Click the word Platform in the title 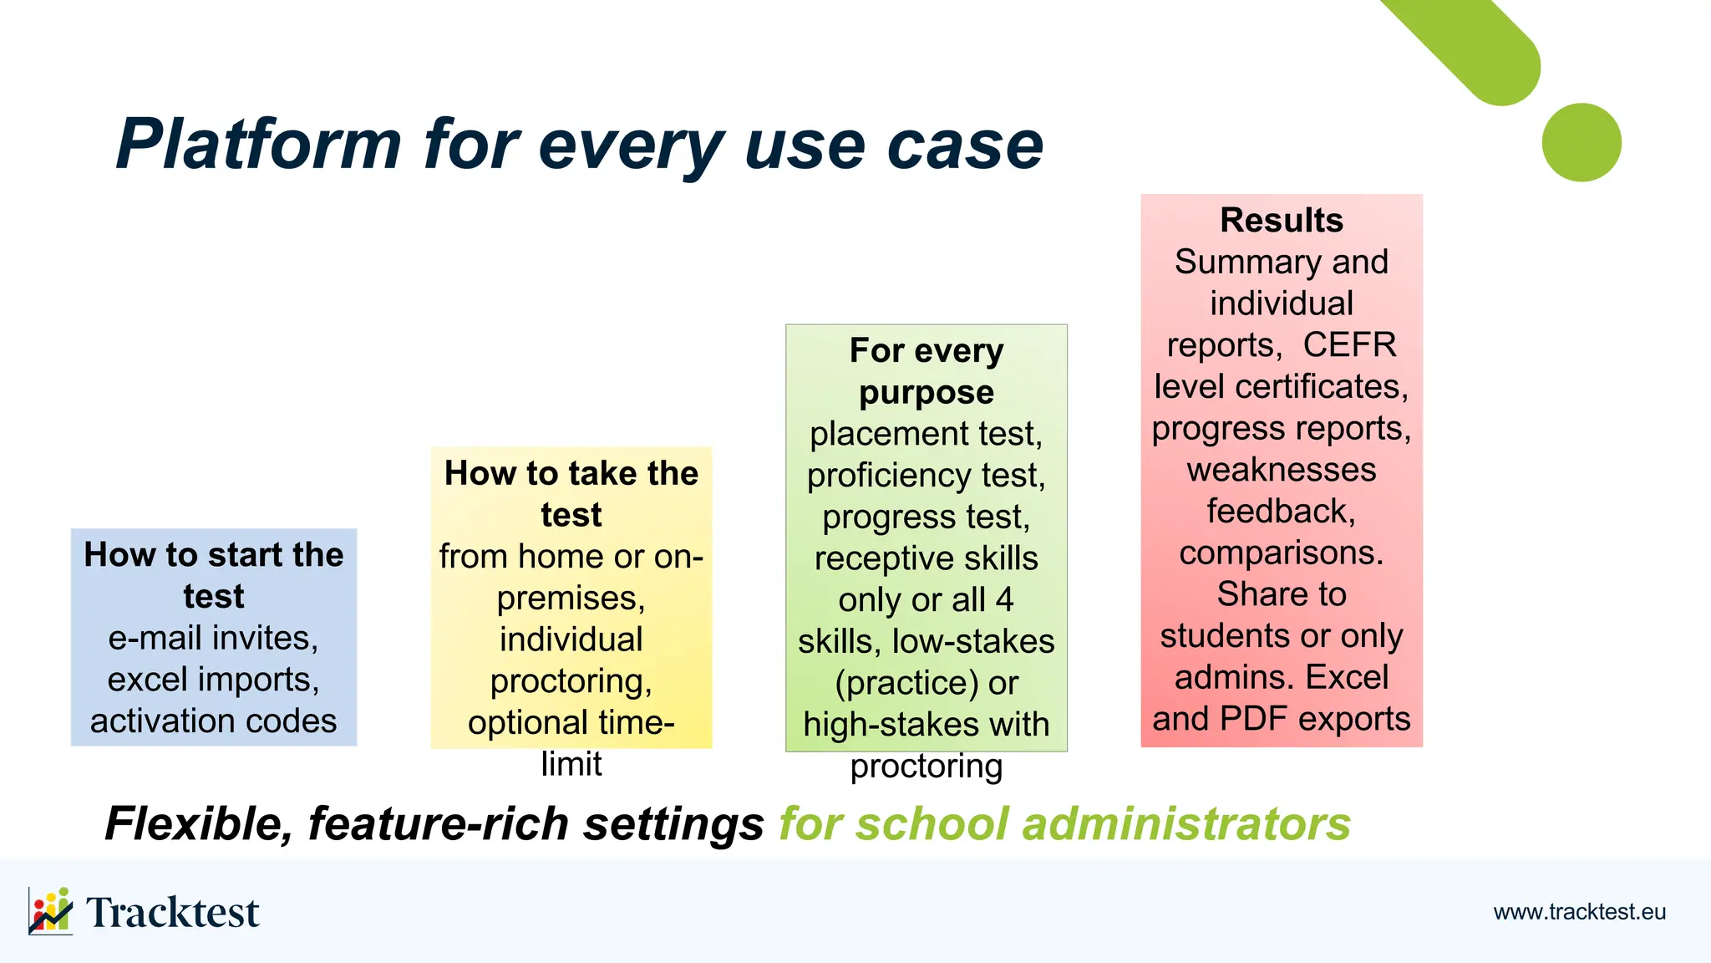[x=259, y=145]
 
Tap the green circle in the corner [x=1581, y=142]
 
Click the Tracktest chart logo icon [x=50, y=910]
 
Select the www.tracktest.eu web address [x=1579, y=912]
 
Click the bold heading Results [x=1281, y=221]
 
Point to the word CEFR [x=1349, y=345]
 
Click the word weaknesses [x=1281, y=470]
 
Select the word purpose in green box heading [x=926, y=393]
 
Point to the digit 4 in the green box [x=1004, y=600]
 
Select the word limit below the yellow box [x=571, y=764]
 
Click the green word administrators [x=1186, y=824]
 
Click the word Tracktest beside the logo [x=172, y=912]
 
